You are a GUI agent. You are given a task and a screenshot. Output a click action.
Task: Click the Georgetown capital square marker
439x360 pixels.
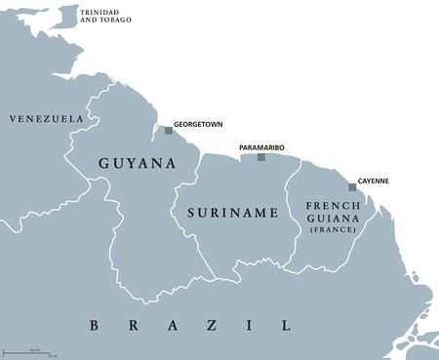[169, 130]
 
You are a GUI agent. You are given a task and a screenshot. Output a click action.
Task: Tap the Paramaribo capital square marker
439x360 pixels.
[260, 157]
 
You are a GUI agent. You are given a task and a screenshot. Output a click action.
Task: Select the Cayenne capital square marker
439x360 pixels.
[352, 187]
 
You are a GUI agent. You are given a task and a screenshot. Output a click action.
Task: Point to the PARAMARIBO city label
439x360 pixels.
[261, 147]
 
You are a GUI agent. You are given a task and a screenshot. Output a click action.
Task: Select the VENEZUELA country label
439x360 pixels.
[46, 118]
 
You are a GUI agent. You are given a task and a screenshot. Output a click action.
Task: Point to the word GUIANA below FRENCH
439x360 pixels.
[333, 220]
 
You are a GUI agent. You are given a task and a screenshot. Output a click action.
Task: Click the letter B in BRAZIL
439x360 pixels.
[95, 325]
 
